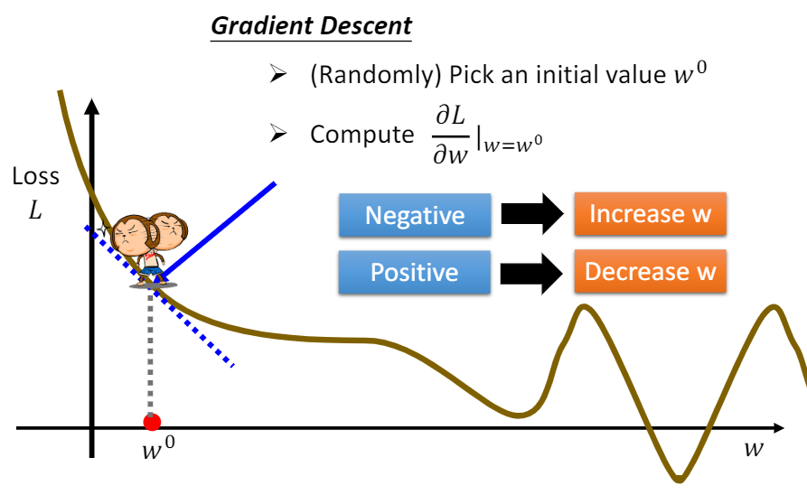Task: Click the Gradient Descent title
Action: coord(311,25)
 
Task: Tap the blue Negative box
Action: coord(414,216)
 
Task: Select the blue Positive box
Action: coord(414,272)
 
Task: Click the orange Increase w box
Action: coord(650,214)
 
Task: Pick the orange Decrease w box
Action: coord(650,271)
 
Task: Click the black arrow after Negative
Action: coord(531,215)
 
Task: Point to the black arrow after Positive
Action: coord(531,272)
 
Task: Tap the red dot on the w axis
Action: coord(152,422)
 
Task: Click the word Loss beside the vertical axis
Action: coord(36,176)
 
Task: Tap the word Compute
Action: coord(361,135)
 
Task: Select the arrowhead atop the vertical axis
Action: coord(91,107)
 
